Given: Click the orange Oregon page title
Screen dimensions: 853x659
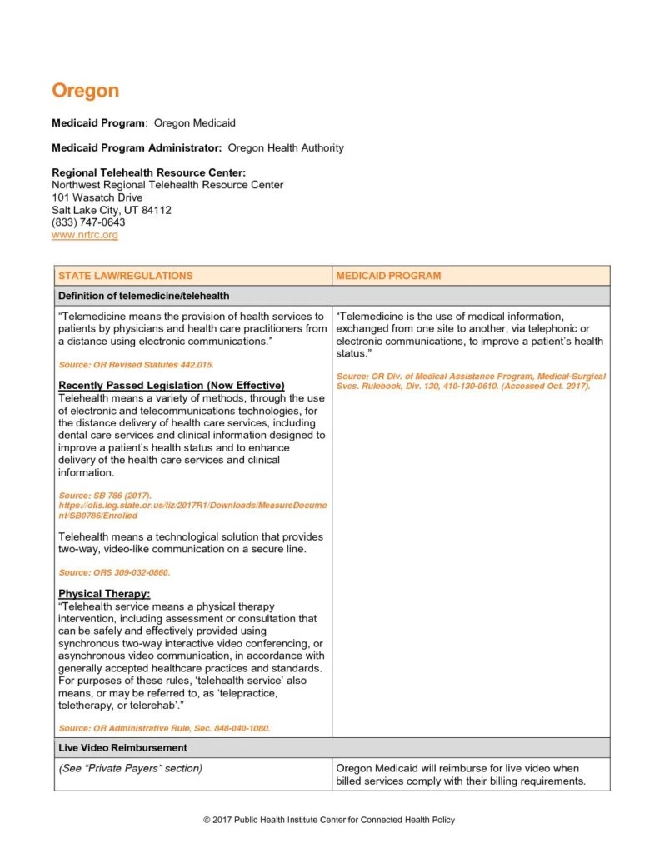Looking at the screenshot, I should (x=85, y=91).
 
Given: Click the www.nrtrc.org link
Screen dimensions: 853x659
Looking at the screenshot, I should (x=85, y=235).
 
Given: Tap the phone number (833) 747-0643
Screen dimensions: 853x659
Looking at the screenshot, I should (x=88, y=222).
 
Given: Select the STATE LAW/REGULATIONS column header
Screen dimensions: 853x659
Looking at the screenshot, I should (x=125, y=276).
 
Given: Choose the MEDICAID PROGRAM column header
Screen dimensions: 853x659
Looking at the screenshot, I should (x=388, y=276).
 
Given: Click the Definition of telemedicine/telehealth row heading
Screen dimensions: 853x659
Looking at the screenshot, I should (x=143, y=296).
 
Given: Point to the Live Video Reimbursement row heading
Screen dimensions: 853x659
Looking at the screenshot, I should (x=122, y=748).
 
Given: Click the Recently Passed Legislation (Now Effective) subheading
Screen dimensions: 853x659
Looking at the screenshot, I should (x=172, y=385).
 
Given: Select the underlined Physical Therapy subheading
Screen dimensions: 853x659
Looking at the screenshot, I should (x=104, y=594).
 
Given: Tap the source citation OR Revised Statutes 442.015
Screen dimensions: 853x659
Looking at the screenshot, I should (x=129, y=365).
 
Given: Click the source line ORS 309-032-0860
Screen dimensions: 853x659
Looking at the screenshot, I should (x=114, y=573).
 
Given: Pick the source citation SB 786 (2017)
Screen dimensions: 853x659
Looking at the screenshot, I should (x=104, y=496).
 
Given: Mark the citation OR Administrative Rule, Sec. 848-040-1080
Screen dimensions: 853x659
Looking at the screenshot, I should (x=164, y=728).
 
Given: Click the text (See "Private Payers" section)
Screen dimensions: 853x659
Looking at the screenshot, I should (x=130, y=768).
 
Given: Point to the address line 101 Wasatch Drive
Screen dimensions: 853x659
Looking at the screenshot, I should (x=97, y=197).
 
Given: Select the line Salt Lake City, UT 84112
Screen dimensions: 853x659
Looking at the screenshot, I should (x=112, y=210).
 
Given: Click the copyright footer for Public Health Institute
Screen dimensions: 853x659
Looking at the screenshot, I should (x=329, y=821).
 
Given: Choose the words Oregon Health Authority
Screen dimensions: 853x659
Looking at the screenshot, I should (x=286, y=148).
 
